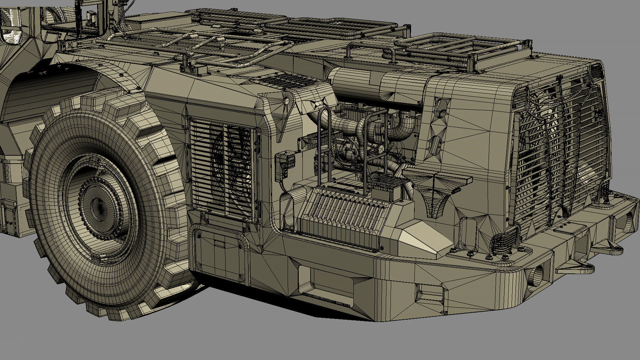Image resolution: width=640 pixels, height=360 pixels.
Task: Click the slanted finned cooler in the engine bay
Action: [x=343, y=213]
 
